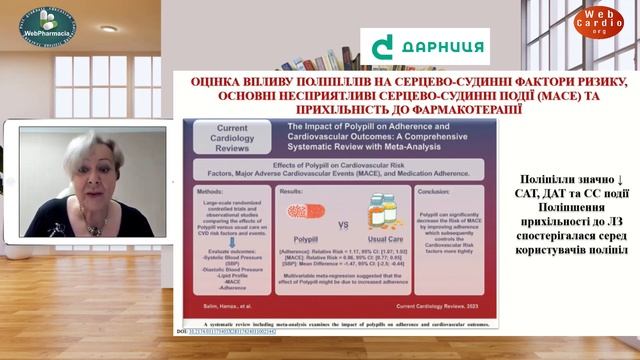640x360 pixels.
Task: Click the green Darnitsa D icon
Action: tap(381, 46)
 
